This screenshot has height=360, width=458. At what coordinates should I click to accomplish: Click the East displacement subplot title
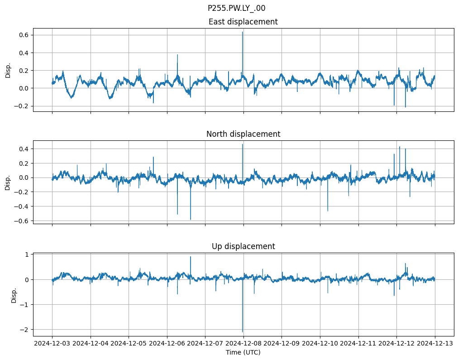(243, 22)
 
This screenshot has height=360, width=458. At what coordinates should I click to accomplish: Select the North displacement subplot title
(243, 134)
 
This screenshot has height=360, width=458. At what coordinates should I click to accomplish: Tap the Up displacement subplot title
(243, 246)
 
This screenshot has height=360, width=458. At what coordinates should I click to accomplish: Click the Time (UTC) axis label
(243, 352)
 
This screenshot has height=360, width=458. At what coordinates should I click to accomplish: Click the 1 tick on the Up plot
(26, 254)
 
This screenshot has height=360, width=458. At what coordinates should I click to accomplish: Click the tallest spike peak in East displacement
(243, 32)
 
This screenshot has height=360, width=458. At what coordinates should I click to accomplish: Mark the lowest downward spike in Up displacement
(243, 331)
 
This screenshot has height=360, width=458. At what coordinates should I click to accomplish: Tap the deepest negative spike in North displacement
(191, 220)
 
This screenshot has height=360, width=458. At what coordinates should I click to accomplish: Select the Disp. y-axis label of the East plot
(8, 70)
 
